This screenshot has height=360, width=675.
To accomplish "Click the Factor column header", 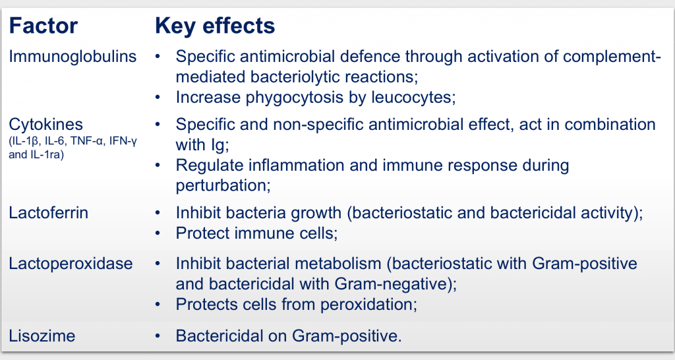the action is [43, 26].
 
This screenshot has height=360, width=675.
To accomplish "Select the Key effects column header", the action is [215, 26].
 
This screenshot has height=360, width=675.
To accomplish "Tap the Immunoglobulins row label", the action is [73, 57].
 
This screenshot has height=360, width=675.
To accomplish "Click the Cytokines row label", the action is [45, 125].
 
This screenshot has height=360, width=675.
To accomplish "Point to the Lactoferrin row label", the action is [48, 213].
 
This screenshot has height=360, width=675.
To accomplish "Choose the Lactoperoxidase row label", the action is [71, 264].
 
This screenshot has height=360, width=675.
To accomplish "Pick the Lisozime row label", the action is [42, 336].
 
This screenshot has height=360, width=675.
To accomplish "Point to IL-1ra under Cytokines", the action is [47, 154].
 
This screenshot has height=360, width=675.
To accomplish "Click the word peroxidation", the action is [368, 305].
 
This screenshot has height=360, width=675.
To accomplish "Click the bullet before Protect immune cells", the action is [158, 233].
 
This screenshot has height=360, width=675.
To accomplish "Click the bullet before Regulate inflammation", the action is [158, 165].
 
